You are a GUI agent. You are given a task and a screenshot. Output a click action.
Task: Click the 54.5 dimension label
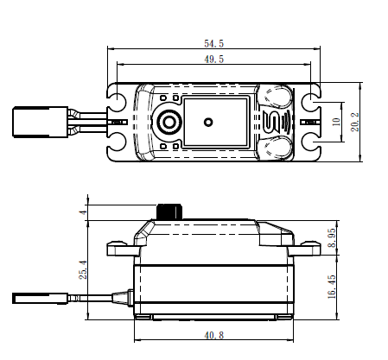tap(213, 43)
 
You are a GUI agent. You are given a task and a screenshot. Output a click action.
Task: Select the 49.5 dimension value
tap(213, 59)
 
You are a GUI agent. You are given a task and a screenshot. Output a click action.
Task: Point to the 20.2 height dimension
tap(355, 122)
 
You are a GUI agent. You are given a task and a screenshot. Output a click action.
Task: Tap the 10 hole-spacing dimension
tap(336, 122)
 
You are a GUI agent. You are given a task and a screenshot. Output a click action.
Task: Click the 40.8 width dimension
tap(213, 335)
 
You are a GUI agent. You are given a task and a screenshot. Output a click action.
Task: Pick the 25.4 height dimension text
tap(83, 269)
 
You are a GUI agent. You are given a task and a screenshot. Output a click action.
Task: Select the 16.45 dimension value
tap(332, 287)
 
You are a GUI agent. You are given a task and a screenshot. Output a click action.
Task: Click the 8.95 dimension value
tap(332, 237)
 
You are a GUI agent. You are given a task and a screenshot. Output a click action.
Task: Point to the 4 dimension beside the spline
tap(83, 212)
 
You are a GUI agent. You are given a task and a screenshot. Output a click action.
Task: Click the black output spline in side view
tap(169, 212)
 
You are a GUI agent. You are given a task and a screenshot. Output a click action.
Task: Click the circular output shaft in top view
tap(169, 122)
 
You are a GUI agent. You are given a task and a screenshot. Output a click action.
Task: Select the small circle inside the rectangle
tap(208, 122)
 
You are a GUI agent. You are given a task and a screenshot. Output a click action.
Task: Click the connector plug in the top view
tap(41, 122)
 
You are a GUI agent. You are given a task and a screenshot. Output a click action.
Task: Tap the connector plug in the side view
tap(40, 298)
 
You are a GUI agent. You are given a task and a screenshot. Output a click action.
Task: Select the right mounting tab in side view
tap(304, 249)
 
